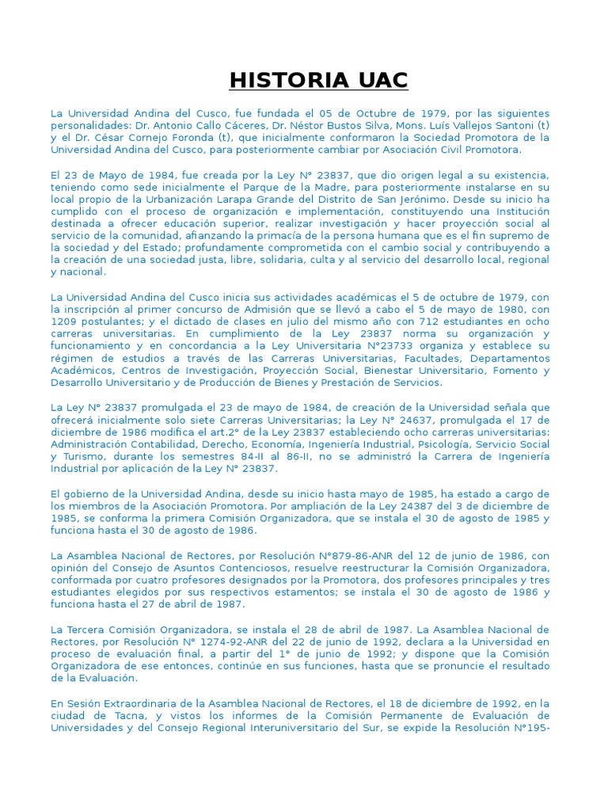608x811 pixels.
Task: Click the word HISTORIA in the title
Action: click(x=278, y=80)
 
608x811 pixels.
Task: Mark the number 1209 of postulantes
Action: click(x=64, y=322)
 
